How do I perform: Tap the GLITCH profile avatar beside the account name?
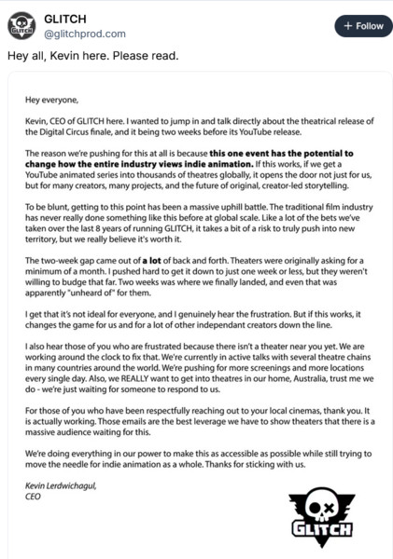point(21,26)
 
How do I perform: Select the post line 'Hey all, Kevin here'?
point(92,56)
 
